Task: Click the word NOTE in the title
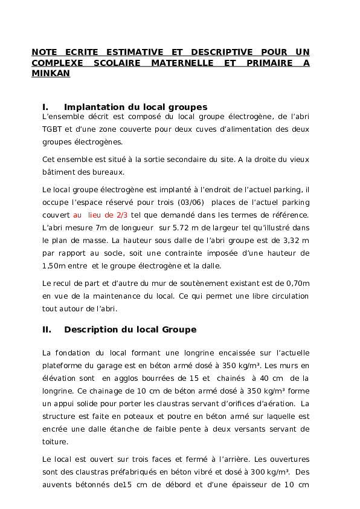click(43, 52)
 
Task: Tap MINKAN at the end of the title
click(51, 74)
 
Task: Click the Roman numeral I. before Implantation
click(45, 107)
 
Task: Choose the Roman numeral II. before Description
click(47, 330)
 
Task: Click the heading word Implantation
click(98, 107)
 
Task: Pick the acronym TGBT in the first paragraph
click(52, 129)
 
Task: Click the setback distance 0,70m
click(298, 283)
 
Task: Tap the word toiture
click(55, 442)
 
